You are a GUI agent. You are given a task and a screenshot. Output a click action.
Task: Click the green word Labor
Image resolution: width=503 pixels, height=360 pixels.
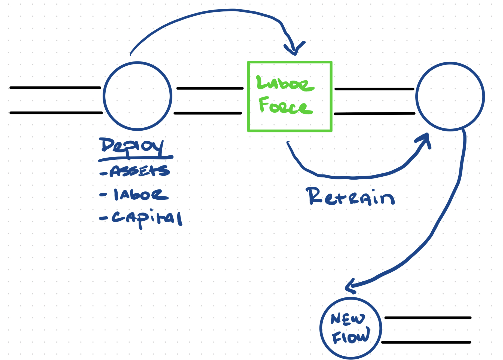(285, 83)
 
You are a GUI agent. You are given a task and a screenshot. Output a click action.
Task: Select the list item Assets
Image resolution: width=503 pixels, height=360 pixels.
(139, 171)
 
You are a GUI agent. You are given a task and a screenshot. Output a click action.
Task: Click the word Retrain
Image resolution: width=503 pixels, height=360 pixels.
(350, 196)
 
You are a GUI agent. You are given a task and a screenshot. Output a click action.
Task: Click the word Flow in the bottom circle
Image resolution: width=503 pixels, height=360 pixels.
(351, 336)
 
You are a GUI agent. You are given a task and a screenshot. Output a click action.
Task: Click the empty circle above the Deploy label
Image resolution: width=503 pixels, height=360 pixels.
(138, 96)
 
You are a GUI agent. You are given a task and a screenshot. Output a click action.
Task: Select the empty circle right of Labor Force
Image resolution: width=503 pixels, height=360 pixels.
(450, 97)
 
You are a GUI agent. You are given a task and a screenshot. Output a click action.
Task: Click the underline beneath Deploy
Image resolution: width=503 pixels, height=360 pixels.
(136, 158)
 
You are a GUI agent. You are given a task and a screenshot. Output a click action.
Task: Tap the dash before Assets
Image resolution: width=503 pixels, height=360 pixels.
(103, 173)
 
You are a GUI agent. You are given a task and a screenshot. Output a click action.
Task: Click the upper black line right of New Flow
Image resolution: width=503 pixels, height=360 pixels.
(428, 318)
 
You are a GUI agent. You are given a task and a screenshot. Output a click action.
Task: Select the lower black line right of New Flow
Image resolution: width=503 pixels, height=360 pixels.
(426, 342)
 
